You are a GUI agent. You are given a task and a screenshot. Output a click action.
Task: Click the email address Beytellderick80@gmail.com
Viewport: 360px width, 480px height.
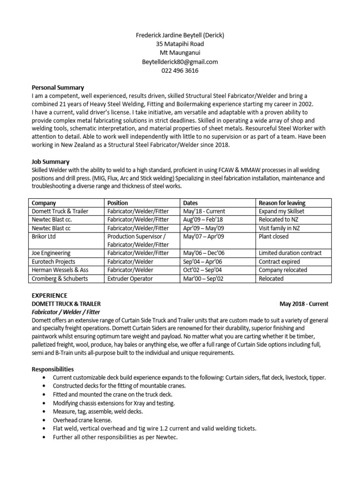point(180,61)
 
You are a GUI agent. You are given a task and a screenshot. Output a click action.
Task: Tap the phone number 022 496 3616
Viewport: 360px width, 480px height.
point(180,70)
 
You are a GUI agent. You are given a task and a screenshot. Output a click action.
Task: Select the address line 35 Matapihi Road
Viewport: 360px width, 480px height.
point(180,44)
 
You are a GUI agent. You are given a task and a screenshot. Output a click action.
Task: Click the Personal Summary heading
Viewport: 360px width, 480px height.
point(58,87)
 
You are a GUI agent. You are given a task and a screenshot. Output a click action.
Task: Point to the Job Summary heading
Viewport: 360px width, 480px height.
point(50,161)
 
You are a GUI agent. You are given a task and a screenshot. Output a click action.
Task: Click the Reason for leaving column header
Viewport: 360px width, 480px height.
point(282,203)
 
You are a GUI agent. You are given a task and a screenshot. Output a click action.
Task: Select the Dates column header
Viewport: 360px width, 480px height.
point(190,203)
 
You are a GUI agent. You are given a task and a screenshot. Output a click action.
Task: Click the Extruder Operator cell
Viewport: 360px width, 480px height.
point(130,278)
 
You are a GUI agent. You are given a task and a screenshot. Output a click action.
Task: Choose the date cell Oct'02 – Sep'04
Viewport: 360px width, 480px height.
point(201,270)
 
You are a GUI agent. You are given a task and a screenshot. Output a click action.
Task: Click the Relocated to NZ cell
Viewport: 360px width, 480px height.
point(278,219)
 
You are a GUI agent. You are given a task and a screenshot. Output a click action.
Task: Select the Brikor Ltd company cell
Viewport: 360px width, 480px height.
point(45,237)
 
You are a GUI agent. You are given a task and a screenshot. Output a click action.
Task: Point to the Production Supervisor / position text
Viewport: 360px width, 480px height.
point(136,237)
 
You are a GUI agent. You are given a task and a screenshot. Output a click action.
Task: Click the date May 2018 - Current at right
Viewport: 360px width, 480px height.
point(304,304)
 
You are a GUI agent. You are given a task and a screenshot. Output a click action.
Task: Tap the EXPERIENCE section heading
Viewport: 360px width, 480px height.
point(49,295)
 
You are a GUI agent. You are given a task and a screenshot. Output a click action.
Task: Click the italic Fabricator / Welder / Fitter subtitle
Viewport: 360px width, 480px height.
point(66,312)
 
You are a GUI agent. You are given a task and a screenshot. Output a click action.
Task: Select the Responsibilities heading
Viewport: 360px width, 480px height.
point(52,369)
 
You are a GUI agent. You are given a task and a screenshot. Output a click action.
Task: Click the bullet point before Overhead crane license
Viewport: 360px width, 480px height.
point(44,420)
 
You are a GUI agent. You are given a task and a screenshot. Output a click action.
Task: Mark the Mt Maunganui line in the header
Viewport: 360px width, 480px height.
point(180,52)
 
